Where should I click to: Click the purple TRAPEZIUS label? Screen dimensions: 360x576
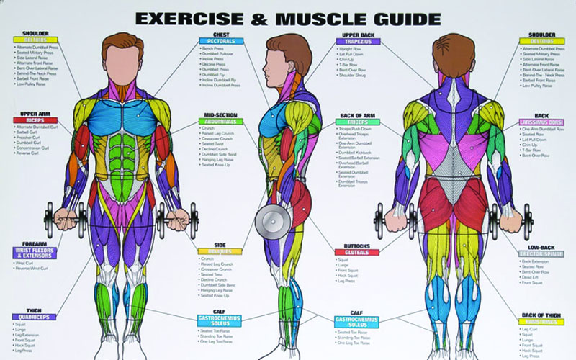point(357,41)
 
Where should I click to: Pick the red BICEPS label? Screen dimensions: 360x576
point(35,120)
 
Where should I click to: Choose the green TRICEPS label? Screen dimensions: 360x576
point(357,122)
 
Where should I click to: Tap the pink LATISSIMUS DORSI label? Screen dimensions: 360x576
point(541,122)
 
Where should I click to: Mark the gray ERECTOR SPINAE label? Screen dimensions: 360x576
point(541,254)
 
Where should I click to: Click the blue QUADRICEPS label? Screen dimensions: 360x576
point(34,317)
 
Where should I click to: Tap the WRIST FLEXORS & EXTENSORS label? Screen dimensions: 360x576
point(35,253)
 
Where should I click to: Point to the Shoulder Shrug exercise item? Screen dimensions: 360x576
point(353,75)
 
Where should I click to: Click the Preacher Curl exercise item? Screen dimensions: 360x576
point(30,137)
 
